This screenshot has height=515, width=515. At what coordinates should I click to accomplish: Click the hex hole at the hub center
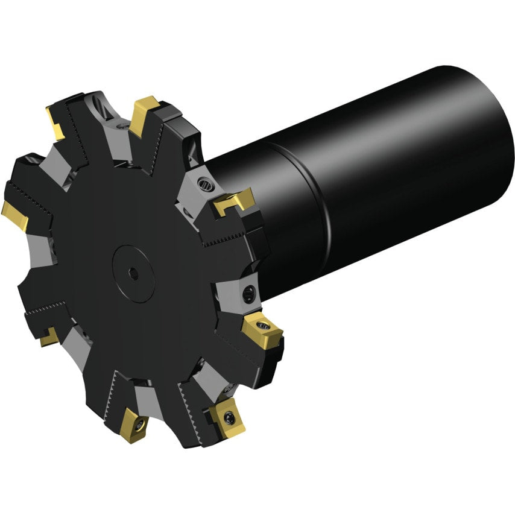click(133, 274)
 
